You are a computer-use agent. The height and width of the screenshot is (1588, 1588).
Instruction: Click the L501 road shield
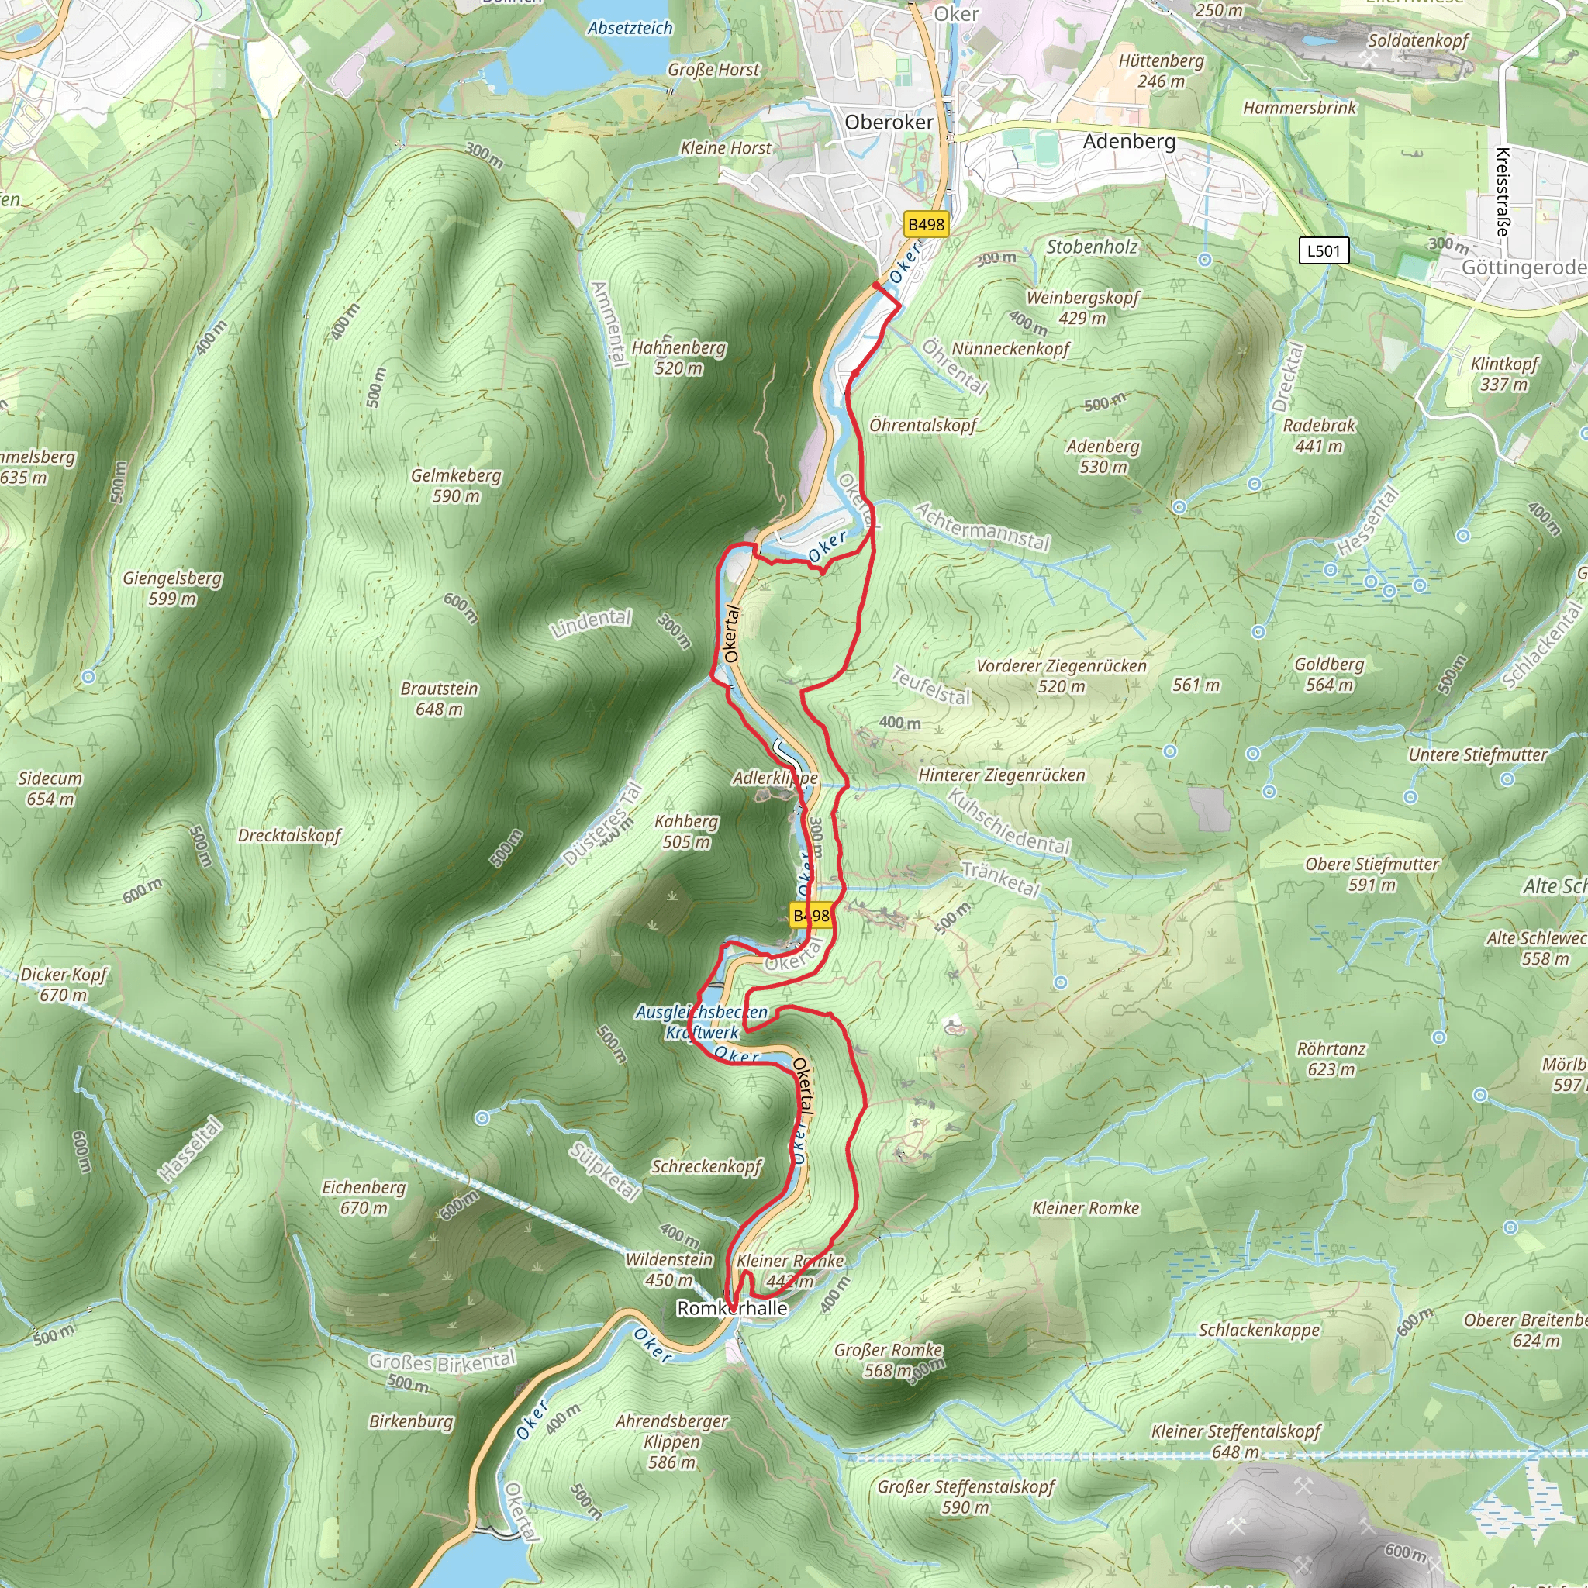1324,250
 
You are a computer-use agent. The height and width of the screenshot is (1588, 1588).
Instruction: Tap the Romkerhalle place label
731,1308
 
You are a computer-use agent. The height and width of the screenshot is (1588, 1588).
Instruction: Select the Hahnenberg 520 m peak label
678,357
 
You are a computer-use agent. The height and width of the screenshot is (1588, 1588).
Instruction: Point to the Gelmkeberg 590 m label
456,485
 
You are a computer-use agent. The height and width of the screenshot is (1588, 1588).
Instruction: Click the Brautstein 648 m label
439,699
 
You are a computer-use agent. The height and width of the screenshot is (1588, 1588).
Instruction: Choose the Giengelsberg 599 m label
173,588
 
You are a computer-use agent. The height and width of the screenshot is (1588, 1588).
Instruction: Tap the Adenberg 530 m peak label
1103,456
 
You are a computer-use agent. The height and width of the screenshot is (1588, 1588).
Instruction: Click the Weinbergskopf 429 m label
1082,307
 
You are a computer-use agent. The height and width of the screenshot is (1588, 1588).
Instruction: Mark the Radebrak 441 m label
1318,436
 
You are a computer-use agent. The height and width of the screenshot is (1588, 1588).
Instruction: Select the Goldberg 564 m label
1329,674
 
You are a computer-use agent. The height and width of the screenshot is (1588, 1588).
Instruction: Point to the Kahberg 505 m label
686,831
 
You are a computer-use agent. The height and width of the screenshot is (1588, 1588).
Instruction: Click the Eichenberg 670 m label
364,1196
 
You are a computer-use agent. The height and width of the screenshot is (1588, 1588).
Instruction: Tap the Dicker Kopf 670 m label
64,984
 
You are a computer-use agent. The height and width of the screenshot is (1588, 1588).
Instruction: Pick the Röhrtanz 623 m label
1331,1058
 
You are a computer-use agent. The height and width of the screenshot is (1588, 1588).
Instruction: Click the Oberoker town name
889,123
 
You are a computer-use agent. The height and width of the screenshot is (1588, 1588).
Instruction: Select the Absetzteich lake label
630,28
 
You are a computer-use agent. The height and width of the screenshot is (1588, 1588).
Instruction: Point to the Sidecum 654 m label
50,789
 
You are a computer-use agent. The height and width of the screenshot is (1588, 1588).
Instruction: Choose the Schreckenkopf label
707,1166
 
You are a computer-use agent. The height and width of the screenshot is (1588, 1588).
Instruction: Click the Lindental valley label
592,623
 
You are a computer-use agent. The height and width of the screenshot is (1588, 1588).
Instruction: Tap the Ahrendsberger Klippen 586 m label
671,1441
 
